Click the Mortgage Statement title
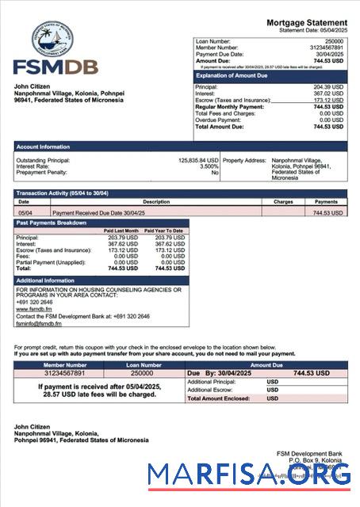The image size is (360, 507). click(x=306, y=22)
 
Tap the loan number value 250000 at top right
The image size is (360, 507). click(x=334, y=40)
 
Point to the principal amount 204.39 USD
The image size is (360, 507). click(x=327, y=87)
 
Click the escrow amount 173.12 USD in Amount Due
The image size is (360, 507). click(x=327, y=101)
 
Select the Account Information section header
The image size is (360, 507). click(x=43, y=147)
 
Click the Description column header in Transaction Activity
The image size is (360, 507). click(x=156, y=201)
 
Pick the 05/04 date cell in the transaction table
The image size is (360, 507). click(x=25, y=213)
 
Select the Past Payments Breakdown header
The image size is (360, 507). click(x=51, y=223)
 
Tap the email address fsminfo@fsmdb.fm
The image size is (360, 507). click(x=39, y=323)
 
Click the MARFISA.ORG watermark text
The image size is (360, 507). click(x=250, y=475)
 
